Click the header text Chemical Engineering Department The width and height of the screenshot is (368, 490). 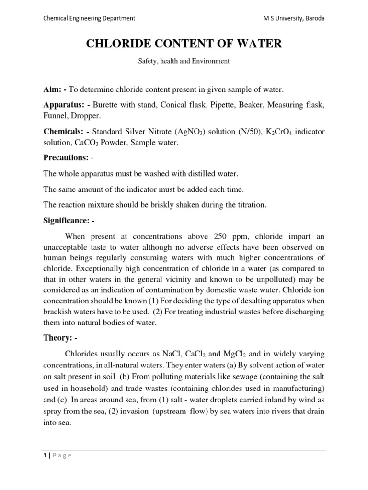pyautogui.click(x=89, y=18)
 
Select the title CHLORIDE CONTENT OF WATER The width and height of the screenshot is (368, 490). pyautogui.click(x=184, y=45)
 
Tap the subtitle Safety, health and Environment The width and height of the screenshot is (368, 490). pyautogui.click(x=184, y=61)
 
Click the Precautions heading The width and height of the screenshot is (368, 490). pyautogui.click(x=65, y=157)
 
